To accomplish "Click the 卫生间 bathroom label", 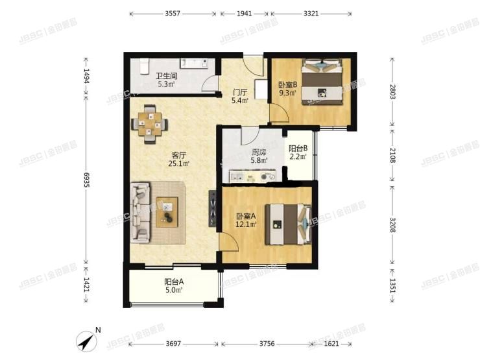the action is (x=166, y=76).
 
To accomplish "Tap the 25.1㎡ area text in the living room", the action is (x=179, y=163).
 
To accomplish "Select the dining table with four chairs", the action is (x=150, y=125).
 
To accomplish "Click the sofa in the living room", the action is (x=140, y=213).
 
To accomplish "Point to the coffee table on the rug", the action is (x=167, y=212).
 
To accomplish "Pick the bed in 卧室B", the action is (x=322, y=82).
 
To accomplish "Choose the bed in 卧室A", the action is (x=289, y=224).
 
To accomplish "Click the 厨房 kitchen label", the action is (x=259, y=152).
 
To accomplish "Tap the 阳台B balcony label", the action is (x=298, y=149).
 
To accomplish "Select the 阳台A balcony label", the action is (x=174, y=282).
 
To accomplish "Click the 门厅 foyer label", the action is (x=240, y=92).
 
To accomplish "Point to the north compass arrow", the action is (x=87, y=341).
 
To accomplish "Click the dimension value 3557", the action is (x=173, y=14).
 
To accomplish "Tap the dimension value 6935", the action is (x=86, y=180).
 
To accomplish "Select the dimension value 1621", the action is (x=331, y=344).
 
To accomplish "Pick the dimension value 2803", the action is (x=392, y=91).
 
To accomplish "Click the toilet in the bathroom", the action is (x=144, y=66).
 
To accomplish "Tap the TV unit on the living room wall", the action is (x=212, y=208).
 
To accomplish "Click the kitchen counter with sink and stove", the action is (x=252, y=176).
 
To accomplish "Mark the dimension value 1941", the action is (x=245, y=14).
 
